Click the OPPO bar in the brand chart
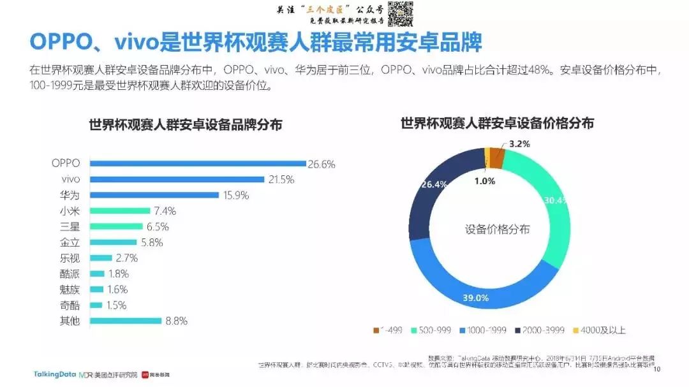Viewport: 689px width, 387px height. (198, 163)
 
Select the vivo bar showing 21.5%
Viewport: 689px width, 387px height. (177, 179)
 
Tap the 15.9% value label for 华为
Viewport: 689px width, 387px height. (236, 195)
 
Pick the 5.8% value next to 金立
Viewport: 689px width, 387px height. (152, 242)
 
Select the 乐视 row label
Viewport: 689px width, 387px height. (70, 258)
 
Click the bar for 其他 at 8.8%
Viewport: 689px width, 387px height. (126, 321)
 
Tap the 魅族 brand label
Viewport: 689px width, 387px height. (70, 289)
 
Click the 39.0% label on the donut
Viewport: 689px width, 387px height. (475, 298)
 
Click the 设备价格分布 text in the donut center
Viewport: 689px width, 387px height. (497, 230)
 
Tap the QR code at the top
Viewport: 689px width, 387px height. (400, 14)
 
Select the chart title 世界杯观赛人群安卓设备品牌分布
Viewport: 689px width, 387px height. (185, 125)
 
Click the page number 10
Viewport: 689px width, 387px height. (658, 369)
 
